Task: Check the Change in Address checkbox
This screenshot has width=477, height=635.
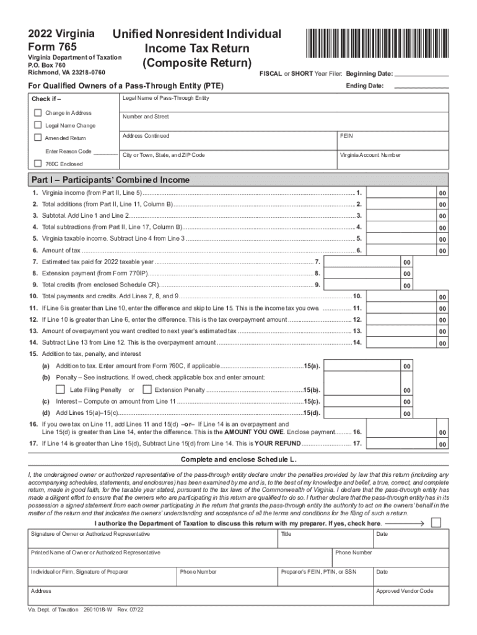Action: click(38, 113)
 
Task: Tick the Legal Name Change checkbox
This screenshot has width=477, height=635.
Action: click(38, 125)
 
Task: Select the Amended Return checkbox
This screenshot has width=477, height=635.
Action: click(38, 138)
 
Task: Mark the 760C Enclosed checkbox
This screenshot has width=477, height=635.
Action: click(38, 164)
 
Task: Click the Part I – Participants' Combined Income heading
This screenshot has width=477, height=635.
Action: click(111, 180)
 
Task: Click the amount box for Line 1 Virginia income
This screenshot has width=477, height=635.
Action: click(402, 193)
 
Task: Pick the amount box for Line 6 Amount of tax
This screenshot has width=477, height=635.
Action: click(402, 250)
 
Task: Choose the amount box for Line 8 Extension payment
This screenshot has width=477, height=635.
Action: click(362, 273)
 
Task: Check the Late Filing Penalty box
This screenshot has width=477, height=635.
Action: click(60, 389)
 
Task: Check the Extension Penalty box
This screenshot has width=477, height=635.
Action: click(147, 389)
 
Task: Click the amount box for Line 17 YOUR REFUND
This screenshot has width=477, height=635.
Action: click(402, 443)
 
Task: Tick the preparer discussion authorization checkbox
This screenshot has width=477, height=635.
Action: click(436, 523)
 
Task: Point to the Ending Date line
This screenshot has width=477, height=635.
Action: click(421, 86)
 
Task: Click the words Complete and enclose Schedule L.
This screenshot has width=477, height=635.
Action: click(238, 460)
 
